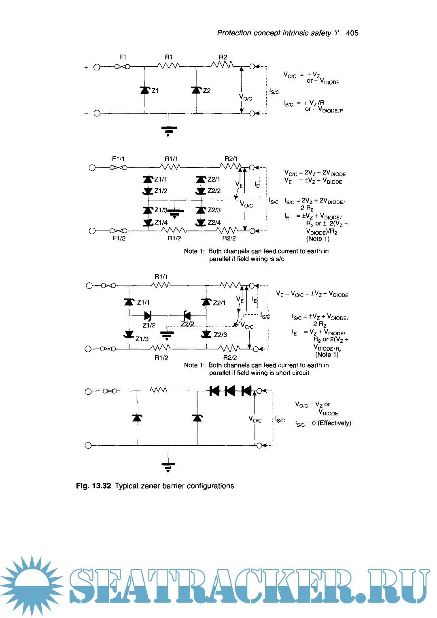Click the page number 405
pos(352,33)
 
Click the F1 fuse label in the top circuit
pos(123,57)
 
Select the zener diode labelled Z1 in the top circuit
pos(145,90)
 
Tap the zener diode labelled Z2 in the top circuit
pos(196,90)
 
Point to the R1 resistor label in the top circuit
pos(169,57)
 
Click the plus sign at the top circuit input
pos(86,68)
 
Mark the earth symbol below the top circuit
pos(168,130)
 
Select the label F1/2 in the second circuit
pos(119,238)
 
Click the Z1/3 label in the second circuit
pos(161,210)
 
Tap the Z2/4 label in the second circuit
pos(214,222)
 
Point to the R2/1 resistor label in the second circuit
pos(231,159)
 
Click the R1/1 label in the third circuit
pos(161,277)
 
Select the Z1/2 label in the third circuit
pos(148,325)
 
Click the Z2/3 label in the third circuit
pos(220,334)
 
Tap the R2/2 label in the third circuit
pos(230,358)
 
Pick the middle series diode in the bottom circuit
pos(230,391)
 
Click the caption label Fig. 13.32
pos(93,486)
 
